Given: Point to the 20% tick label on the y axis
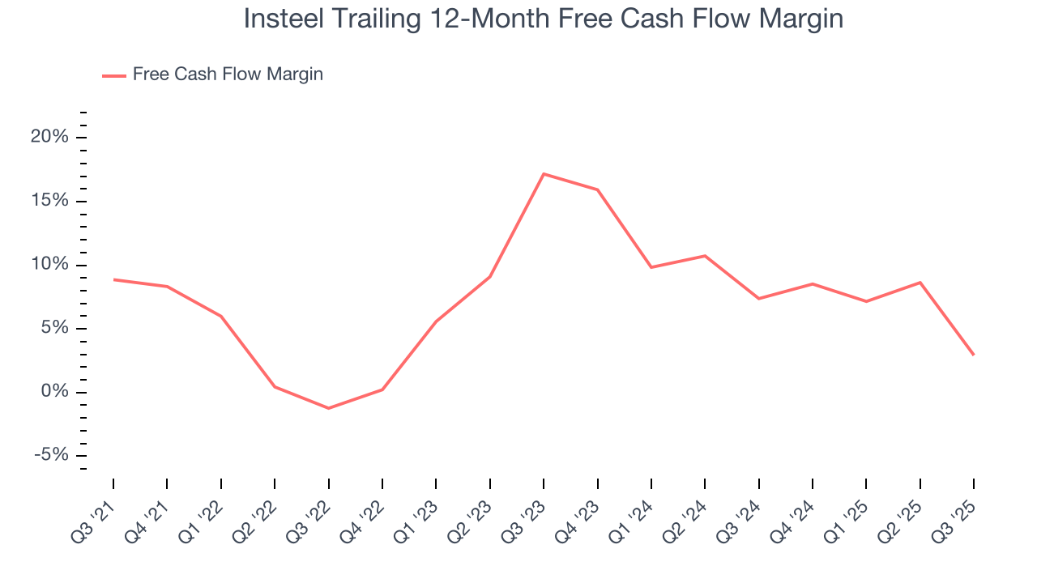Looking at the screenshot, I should point(49,137).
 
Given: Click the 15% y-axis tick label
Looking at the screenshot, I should point(50,201).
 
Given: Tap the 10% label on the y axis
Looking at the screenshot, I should point(50,265).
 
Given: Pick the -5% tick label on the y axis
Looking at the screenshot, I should point(51,456).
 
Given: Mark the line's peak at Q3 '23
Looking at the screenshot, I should point(544,174).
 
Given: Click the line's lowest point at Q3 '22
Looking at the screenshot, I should point(328,408).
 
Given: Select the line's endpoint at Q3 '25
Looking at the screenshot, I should point(973,355).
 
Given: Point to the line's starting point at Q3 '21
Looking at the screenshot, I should point(113,279).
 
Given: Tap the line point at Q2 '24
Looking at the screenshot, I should point(705,256).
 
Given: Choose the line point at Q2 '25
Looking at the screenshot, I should point(920,283).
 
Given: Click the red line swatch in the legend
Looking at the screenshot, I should point(113,75).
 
